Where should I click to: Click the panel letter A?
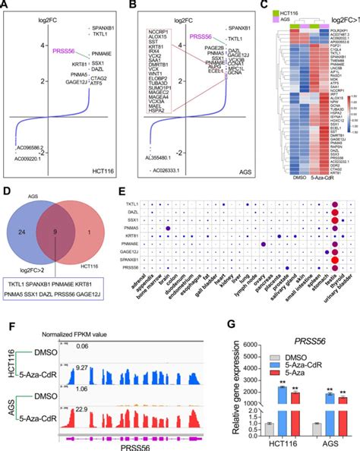click(5, 6)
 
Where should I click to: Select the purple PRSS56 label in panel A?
click(43, 52)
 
